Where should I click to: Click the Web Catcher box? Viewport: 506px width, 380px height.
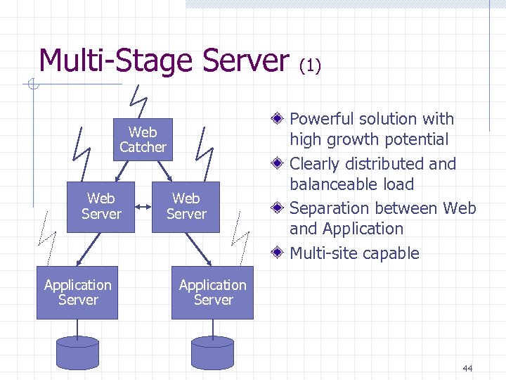[143, 139]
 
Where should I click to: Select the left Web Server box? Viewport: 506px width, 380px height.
[101, 206]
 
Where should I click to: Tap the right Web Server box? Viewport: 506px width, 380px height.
[186, 206]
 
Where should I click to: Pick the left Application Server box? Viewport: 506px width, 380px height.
[77, 292]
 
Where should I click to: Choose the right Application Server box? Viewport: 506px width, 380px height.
[212, 292]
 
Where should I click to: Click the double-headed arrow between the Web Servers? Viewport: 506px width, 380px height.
[143, 207]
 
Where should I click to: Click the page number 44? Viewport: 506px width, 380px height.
[468, 368]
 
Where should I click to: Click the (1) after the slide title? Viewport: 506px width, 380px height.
[310, 65]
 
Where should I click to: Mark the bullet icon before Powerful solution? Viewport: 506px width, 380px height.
[280, 119]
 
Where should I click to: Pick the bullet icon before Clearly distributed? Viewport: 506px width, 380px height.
[280, 164]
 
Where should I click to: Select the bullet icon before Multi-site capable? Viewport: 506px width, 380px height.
[280, 253]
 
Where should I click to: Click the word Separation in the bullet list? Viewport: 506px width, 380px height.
[327, 208]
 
